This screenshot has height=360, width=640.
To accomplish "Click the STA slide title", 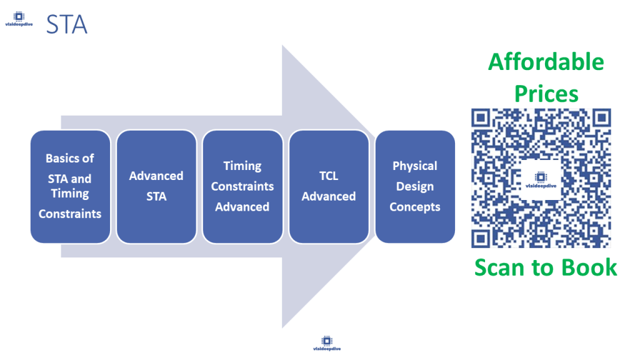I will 66,24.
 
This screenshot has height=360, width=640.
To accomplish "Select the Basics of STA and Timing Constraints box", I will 70,186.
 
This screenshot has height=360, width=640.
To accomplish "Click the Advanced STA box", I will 156,186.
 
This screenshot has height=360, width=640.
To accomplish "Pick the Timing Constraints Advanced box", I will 242,186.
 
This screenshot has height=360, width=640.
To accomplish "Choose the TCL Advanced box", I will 329,186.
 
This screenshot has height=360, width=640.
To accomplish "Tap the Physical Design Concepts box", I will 415,186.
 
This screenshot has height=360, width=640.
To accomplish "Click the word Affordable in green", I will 546,62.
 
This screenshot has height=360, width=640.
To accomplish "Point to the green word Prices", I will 546,94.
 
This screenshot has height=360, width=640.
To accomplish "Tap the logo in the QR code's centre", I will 541,179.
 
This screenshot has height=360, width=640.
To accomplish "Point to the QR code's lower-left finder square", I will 481,238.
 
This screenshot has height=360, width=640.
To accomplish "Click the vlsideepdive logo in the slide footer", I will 327,342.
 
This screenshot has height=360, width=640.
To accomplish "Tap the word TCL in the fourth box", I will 329,176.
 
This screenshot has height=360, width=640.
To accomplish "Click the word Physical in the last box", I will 415,166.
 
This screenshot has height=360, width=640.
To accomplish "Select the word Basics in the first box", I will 70,158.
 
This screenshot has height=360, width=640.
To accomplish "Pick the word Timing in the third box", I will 242,166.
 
